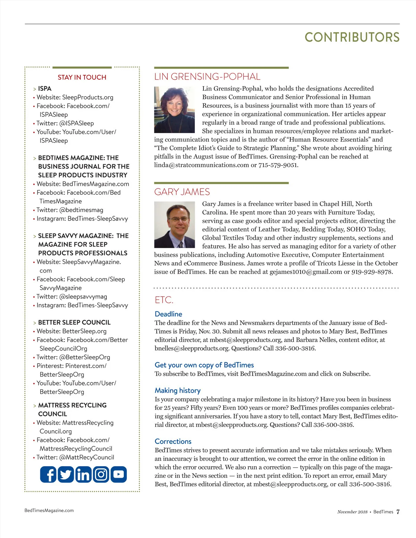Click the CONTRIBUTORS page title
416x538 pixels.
click(x=352, y=37)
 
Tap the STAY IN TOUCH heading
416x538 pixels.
click(x=82, y=77)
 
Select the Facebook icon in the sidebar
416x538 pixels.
click(x=48, y=474)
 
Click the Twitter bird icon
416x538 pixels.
click(x=66, y=474)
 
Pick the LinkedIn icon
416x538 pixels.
click(x=83, y=474)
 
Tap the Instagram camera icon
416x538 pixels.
click(x=101, y=474)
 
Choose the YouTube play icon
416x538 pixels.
click(x=119, y=474)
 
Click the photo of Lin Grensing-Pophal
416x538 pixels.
click(x=174, y=110)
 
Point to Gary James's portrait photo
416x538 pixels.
click(x=174, y=225)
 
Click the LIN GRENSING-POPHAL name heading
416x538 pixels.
click(x=207, y=77)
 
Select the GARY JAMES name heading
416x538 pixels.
click(x=182, y=192)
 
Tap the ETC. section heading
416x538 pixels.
click(x=164, y=300)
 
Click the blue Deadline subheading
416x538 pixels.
click(x=168, y=314)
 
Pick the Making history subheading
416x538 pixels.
click(x=177, y=390)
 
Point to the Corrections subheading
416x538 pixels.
click(x=173, y=441)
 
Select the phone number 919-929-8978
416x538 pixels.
click(x=372, y=272)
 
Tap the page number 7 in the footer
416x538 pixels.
click(x=398, y=512)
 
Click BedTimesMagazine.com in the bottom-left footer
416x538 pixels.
click(x=49, y=510)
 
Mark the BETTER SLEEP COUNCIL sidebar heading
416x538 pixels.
click(x=74, y=323)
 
